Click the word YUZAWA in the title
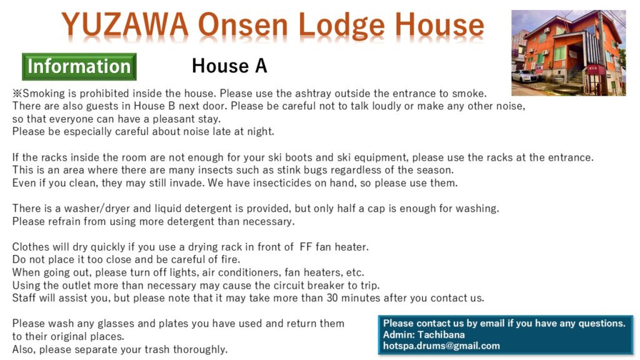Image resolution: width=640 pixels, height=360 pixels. [x=124, y=25]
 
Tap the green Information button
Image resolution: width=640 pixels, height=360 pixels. [x=79, y=66]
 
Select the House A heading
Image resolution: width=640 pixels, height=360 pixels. [x=229, y=66]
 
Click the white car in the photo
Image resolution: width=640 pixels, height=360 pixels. [x=525, y=76]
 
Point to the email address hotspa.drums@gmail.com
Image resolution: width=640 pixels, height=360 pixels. [x=441, y=346]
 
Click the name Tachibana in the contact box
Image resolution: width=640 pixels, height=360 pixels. [x=441, y=335]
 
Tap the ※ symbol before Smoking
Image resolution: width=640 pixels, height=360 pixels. [x=17, y=94]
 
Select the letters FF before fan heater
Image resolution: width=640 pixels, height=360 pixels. [x=306, y=247]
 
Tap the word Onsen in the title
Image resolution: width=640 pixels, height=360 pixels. [x=243, y=25]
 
